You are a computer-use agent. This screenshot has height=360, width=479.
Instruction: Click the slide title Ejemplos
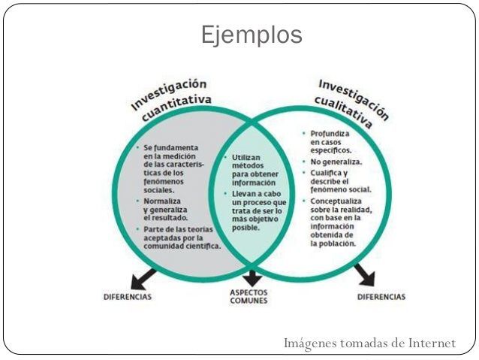click(252, 34)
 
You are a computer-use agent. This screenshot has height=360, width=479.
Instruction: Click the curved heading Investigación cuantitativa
click(171, 98)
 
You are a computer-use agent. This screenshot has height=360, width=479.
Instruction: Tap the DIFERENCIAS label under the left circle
click(127, 296)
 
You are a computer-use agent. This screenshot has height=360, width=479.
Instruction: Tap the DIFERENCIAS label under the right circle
click(381, 296)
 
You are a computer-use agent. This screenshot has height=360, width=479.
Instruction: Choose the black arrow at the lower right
click(364, 276)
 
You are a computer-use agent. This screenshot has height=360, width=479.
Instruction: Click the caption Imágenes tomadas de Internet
click(369, 343)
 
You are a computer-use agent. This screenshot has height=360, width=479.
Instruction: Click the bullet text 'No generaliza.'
click(336, 162)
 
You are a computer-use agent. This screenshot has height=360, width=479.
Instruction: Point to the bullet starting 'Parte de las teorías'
click(180, 237)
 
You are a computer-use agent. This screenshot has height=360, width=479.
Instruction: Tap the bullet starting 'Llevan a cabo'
click(258, 210)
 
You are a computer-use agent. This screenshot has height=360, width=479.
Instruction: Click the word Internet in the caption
click(432, 343)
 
